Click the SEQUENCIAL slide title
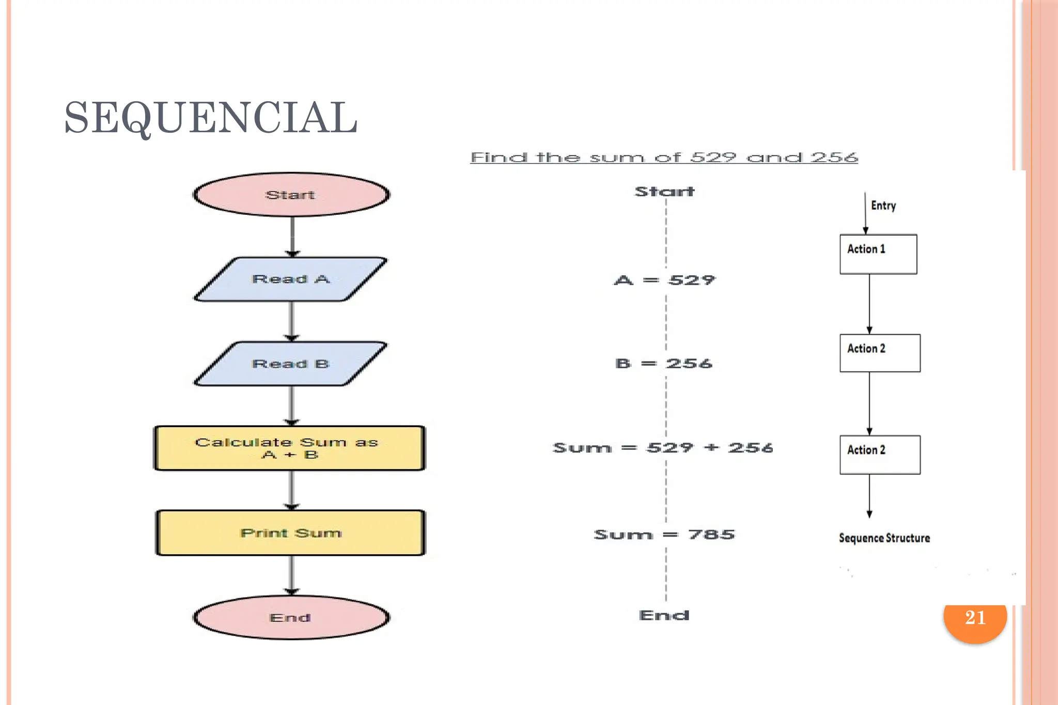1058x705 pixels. [x=211, y=118]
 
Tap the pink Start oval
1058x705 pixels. [x=291, y=195]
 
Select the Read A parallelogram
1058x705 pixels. [x=291, y=279]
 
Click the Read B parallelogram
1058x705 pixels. [x=291, y=364]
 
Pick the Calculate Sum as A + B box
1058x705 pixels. [x=289, y=448]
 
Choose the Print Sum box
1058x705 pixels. [x=290, y=533]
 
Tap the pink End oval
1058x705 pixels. [x=291, y=618]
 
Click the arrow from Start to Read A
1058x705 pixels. [x=292, y=236]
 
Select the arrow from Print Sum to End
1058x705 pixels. [x=292, y=575]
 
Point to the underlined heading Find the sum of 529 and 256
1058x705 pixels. [x=664, y=157]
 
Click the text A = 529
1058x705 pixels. [x=664, y=280]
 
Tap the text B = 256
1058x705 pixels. [x=664, y=364]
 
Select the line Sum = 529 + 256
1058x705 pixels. [x=663, y=448]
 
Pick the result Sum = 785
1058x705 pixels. [x=664, y=535]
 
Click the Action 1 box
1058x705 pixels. [x=878, y=254]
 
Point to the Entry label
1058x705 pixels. [x=883, y=206]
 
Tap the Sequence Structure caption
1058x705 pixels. [x=884, y=538]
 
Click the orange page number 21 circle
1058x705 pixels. [x=975, y=618]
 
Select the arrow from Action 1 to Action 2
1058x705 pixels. [x=869, y=304]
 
